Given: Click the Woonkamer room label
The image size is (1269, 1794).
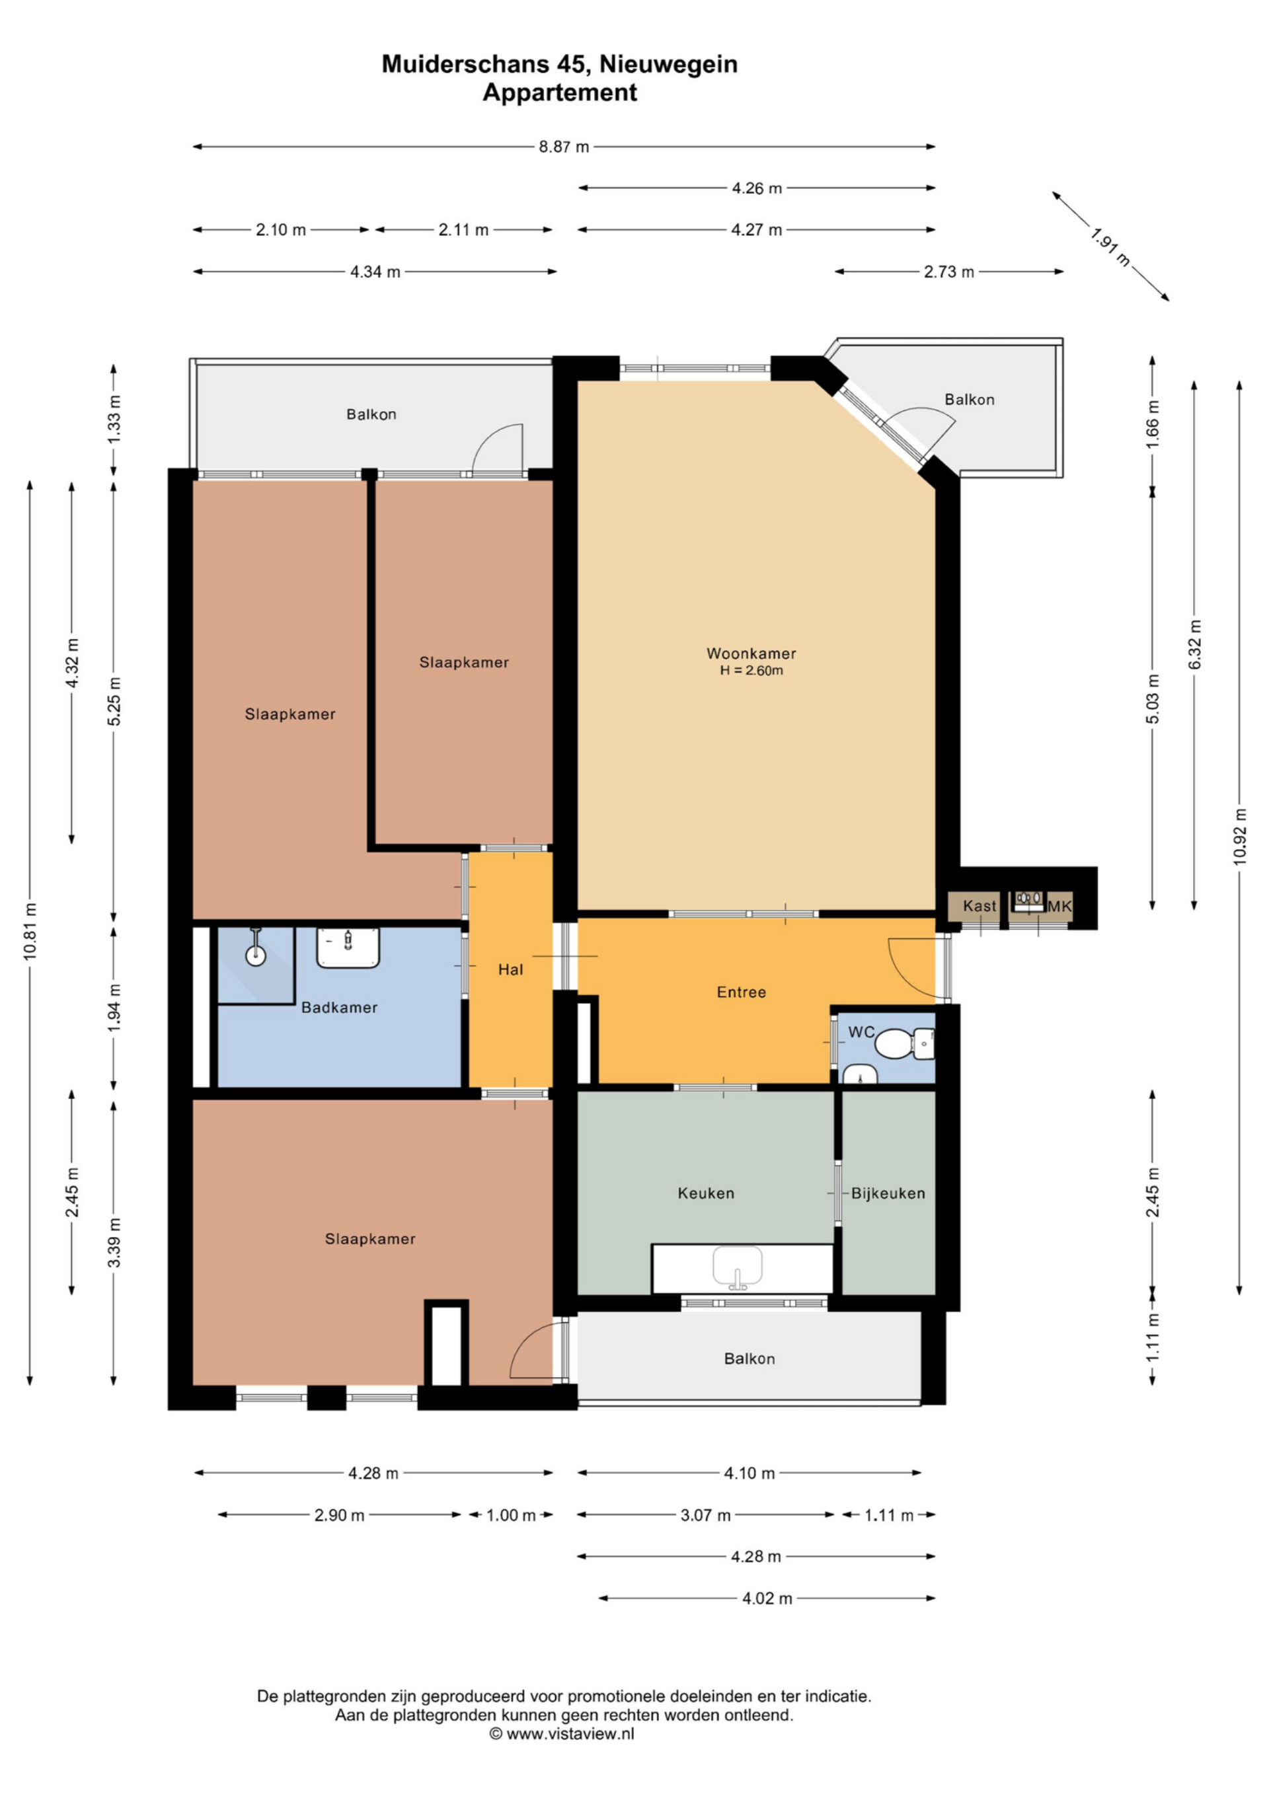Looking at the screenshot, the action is [x=751, y=654].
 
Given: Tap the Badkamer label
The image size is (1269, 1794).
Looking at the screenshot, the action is [x=339, y=1007].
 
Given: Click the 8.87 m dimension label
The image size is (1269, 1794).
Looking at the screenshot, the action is [x=564, y=147].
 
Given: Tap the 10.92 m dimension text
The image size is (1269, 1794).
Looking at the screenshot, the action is [x=1240, y=836].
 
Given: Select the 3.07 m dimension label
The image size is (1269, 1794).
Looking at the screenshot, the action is [x=706, y=1515].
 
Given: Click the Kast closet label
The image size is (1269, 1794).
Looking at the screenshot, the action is [x=979, y=906].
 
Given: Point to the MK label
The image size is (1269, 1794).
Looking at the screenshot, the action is [x=1059, y=907].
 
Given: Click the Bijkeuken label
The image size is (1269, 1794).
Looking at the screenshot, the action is [x=888, y=1193].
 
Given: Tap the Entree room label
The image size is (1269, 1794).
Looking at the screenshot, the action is [x=742, y=992].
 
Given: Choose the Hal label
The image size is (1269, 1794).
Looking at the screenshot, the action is [x=510, y=969].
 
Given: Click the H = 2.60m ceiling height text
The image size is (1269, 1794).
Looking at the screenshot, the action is [x=751, y=671].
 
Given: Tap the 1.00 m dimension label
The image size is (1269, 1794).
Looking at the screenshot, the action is [x=511, y=1515].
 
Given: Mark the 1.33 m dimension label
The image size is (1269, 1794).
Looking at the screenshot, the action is [x=115, y=419].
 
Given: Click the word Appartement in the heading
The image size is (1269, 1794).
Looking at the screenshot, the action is [x=560, y=93].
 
